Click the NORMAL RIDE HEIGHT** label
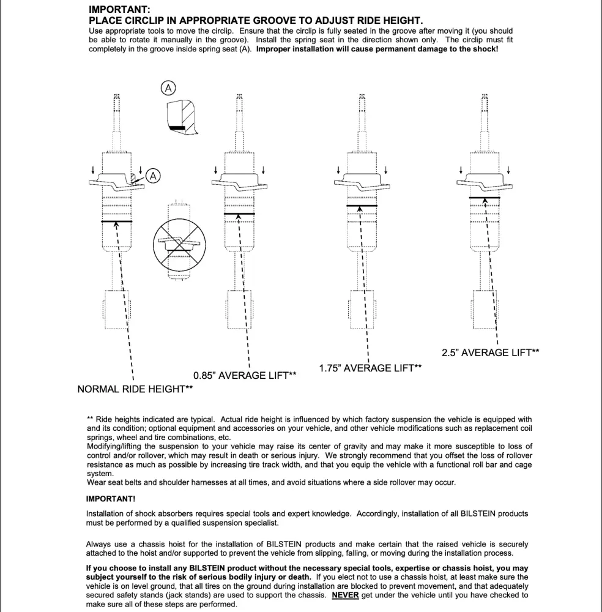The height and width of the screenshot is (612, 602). coord(135,389)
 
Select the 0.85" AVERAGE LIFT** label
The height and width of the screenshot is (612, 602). coord(245,375)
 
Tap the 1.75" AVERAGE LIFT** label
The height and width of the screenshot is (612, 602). coord(370,368)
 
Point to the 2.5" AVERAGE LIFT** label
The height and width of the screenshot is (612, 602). coord(490,353)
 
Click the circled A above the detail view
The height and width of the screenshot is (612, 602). coord(167,89)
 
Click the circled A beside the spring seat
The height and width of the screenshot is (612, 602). coord(153,176)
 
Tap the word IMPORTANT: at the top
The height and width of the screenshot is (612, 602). coord(119,10)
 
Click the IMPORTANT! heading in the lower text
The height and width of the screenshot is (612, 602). coord(111,499)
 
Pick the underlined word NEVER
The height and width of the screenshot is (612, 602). coord(345,594)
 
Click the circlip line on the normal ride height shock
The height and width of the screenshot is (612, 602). coord(117,222)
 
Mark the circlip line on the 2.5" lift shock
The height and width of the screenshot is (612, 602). coord(484,198)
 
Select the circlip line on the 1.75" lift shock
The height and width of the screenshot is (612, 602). coord(362,206)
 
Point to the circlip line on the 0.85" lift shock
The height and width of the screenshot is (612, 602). coord(239,214)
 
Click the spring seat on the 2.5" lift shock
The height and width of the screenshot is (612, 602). coord(484,181)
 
